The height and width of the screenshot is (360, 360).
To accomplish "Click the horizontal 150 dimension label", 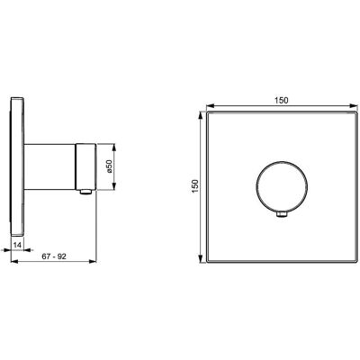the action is (x=281, y=101).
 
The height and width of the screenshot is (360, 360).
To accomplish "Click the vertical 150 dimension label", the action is (x=195, y=186).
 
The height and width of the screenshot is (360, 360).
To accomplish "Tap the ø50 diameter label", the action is (x=109, y=166).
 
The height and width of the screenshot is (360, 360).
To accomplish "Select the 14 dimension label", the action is (x=18, y=245).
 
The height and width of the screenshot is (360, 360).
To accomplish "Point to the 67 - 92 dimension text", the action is (x=54, y=256).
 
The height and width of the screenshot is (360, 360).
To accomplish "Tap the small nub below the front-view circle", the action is (x=282, y=214).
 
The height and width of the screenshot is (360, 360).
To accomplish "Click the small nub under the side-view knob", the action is (x=85, y=192).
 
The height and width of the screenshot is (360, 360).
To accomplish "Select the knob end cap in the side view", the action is (x=85, y=166).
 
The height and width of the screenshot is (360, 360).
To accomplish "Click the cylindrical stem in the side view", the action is (x=49, y=166).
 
